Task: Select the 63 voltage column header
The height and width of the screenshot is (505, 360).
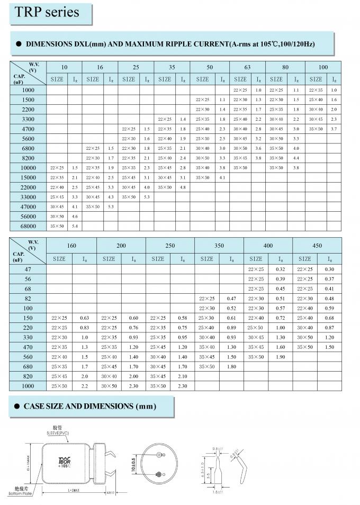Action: [247, 67]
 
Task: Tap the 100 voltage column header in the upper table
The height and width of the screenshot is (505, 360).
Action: [323, 67]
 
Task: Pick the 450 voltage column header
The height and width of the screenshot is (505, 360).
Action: [317, 246]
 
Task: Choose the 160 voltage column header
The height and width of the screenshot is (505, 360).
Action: [71, 246]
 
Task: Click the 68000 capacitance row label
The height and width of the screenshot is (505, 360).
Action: [27, 226]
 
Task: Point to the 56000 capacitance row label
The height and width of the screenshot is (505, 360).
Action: [27, 216]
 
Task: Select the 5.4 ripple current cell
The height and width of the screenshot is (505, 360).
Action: [74, 226]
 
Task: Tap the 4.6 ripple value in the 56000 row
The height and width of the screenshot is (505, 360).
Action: [74, 216]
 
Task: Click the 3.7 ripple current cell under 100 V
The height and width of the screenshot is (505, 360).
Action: [334, 129]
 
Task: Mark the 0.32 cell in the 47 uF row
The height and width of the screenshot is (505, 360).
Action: [280, 269]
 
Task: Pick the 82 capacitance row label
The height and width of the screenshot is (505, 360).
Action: [28, 299]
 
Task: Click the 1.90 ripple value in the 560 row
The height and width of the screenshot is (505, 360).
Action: [280, 357]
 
